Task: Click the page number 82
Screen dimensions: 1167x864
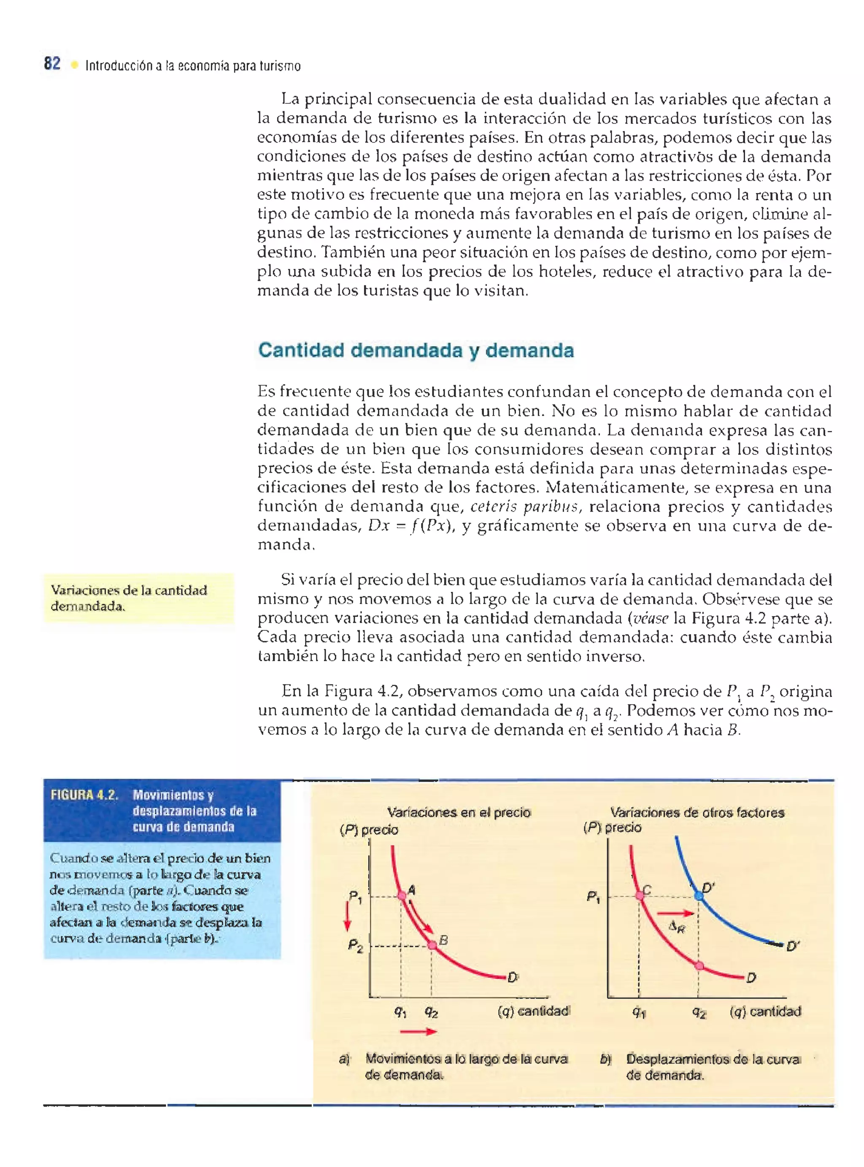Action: (52, 64)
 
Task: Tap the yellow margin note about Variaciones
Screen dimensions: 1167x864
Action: (139, 598)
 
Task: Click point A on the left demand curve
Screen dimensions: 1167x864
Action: (402, 895)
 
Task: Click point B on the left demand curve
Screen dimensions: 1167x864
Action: (432, 945)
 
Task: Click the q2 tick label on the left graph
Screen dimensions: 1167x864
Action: (432, 1012)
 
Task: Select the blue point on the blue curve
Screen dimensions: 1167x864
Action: (699, 895)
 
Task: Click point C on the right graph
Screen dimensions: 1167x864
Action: (640, 895)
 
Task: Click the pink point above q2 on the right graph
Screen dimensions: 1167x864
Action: (699, 965)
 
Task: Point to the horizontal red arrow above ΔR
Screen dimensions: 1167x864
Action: (675, 914)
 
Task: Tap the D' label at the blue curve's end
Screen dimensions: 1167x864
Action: (793, 946)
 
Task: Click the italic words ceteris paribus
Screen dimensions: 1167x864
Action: (524, 506)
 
